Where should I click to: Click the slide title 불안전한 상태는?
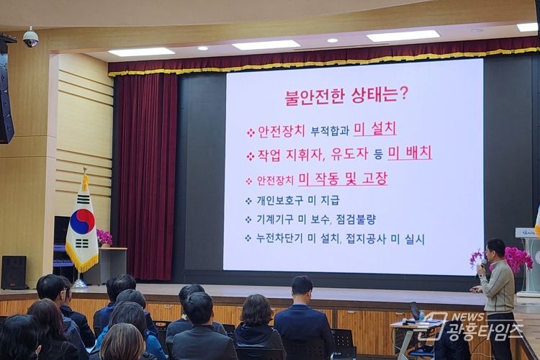[346, 96]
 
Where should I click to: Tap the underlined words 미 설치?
[375, 129]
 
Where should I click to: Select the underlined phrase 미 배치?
[410, 153]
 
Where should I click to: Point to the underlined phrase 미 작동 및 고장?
[343, 179]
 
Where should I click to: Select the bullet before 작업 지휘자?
[250, 156]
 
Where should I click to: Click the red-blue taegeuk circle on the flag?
[82, 221]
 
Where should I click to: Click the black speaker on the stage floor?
[14, 272]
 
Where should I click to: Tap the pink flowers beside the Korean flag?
[104, 237]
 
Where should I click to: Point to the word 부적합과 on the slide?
[330, 131]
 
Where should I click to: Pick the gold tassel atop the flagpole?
[85, 179]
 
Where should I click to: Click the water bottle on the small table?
[422, 315]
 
